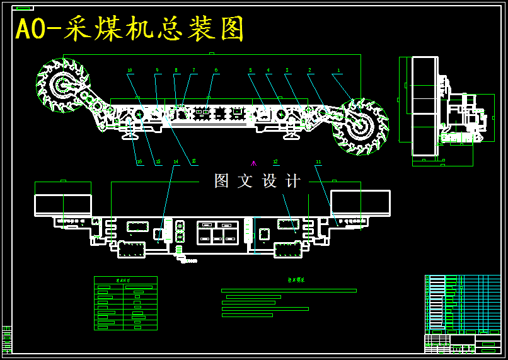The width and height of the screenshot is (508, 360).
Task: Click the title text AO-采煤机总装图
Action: [130, 29]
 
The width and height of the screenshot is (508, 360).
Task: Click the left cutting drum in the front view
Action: [63, 85]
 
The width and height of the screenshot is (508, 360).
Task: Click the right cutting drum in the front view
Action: [360, 126]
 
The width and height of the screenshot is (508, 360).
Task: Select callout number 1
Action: [338, 71]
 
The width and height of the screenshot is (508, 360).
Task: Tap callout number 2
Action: [309, 71]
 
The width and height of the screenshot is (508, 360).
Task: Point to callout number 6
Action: [216, 71]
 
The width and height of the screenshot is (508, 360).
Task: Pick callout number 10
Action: [130, 71]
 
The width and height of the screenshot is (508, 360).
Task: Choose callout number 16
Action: [139, 162]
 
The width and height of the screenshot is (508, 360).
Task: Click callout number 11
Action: [318, 162]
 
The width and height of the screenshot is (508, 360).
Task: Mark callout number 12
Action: [275, 162]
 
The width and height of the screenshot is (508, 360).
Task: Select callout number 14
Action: [176, 162]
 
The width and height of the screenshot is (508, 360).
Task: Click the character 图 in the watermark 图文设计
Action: [221, 181]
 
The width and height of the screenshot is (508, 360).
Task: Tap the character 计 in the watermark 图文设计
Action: [293, 181]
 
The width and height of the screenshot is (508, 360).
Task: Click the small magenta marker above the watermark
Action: [253, 163]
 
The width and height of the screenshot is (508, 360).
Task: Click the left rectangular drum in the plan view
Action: [63, 204]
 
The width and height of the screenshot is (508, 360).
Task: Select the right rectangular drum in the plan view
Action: [360, 203]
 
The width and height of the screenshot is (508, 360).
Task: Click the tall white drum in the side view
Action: [424, 105]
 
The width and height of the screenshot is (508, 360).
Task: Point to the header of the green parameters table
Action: [125, 280]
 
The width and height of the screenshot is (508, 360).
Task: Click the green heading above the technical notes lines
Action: [296, 280]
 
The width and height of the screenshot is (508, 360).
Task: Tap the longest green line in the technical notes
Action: [289, 291]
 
